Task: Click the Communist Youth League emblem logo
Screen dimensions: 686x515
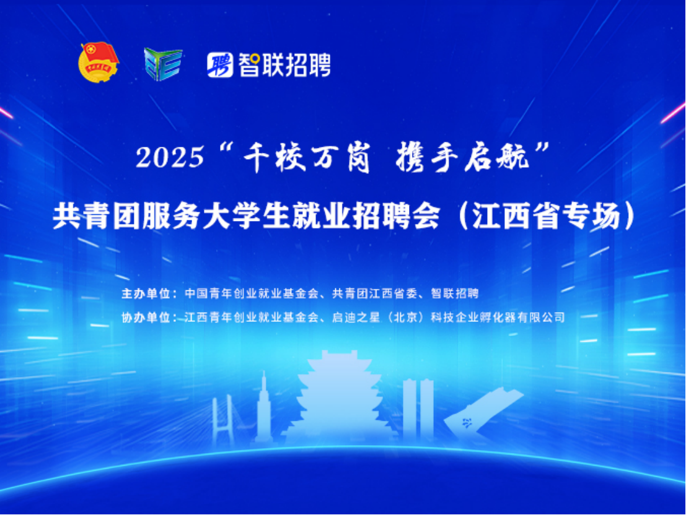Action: pos(98,62)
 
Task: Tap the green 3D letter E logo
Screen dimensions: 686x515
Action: pos(163,64)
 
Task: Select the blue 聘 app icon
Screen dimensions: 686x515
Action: pos(220,65)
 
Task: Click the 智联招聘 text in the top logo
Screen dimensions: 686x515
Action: pos(284,65)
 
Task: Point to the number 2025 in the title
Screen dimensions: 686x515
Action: pos(170,157)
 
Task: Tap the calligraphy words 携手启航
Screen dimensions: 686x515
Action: pos(462,157)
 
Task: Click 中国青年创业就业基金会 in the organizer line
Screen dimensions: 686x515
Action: pos(251,293)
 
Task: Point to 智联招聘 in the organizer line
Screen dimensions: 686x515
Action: pos(455,293)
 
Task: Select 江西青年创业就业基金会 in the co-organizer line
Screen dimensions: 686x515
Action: pos(251,317)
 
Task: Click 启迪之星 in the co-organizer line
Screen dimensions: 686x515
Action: pos(356,317)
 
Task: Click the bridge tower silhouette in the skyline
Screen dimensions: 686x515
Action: pos(222,419)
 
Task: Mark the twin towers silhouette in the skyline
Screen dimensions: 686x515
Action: pos(418,409)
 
